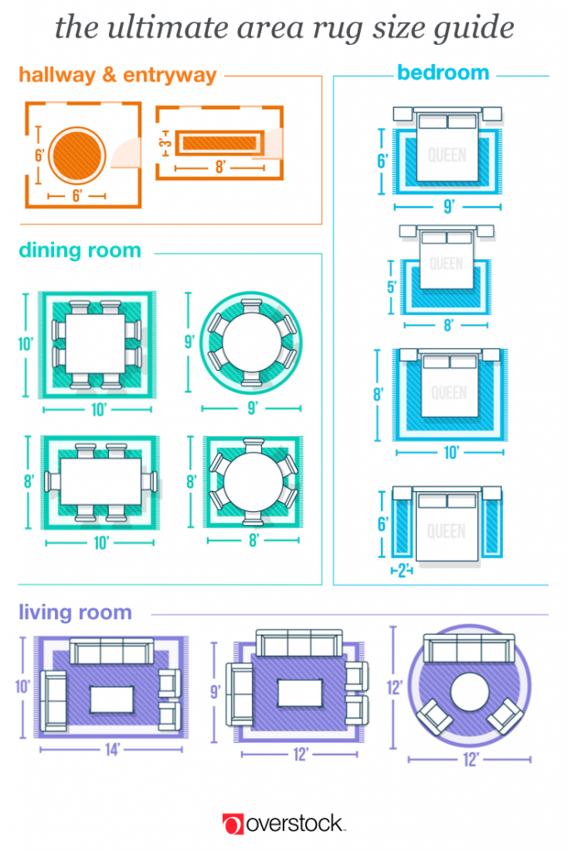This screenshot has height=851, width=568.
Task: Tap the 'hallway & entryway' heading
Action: (117, 75)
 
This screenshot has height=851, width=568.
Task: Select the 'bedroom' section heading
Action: (442, 72)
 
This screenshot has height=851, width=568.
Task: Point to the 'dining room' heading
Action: (80, 250)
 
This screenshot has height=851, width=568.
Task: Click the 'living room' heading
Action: (76, 612)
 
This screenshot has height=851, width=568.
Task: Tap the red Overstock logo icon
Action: (233, 824)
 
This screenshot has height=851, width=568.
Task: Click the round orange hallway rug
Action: (77, 155)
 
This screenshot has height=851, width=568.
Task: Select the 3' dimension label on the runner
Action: (166, 142)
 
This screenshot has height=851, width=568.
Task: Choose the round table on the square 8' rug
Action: (250, 482)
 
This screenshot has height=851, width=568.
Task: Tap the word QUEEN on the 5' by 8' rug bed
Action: (447, 264)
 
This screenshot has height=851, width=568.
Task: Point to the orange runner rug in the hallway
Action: (218, 142)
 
